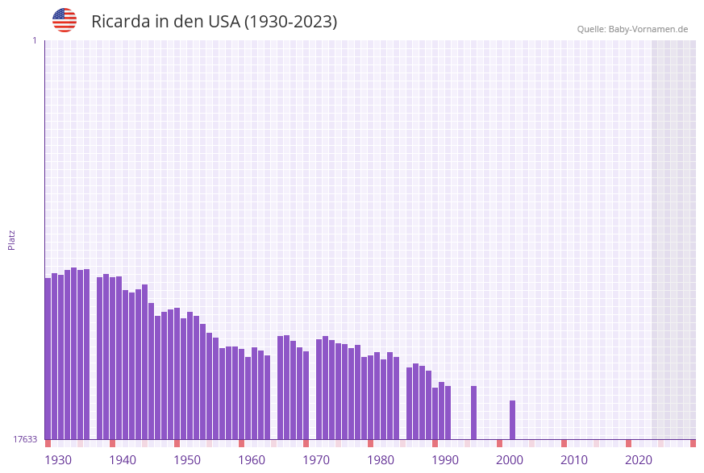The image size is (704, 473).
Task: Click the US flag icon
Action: tap(65, 20)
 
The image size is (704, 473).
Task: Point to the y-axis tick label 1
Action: tap(34, 40)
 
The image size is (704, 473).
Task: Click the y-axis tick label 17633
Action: tap(25, 439)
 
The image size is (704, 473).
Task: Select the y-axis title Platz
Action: tap(12, 239)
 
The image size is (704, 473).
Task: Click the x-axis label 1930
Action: tap(58, 459)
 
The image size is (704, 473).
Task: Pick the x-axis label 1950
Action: tap(187, 459)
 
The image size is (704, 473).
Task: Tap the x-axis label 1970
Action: tap(316, 459)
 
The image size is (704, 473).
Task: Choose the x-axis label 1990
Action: tap(445, 459)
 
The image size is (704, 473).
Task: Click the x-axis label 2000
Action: tap(510, 459)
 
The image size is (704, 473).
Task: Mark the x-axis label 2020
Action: tap(639, 459)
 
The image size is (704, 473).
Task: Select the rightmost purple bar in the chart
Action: tap(512, 419)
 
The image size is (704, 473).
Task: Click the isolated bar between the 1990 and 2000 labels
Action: tap(473, 413)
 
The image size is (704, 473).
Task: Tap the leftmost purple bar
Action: tap(48, 359)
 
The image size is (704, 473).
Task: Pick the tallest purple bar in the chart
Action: tap(73, 353)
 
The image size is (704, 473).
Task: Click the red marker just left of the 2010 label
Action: tap(564, 443)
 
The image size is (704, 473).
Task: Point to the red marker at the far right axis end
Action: tap(693, 443)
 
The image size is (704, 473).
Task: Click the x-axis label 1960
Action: tap(252, 459)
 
